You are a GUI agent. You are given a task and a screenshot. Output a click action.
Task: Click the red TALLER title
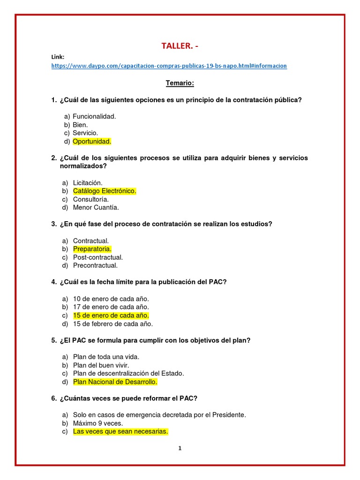[183, 45]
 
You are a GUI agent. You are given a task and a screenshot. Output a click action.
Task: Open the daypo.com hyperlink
[169, 66]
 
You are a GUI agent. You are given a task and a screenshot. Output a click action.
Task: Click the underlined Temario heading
[180, 83]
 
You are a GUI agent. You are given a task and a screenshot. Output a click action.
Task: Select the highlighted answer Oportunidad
[92, 141]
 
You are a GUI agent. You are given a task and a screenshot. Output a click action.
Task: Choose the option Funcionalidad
[94, 116]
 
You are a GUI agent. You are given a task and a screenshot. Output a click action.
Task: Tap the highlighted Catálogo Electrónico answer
[105, 191]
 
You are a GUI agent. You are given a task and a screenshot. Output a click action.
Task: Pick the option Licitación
[88, 182]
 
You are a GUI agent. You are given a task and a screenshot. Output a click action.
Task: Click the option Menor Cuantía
[96, 207]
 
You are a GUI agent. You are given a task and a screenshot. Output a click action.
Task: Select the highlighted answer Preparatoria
[92, 249]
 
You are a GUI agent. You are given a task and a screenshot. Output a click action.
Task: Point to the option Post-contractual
[98, 257]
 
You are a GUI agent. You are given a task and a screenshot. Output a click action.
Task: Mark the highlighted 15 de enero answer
[111, 315]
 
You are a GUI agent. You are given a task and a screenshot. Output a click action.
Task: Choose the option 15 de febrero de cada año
[113, 324]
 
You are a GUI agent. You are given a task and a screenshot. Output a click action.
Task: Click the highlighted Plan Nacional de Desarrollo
[115, 382]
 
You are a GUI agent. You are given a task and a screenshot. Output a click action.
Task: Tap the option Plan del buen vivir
[101, 365]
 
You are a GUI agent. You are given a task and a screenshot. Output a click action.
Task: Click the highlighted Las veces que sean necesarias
[120, 431]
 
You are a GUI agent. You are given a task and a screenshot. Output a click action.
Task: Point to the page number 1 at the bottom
[180, 448]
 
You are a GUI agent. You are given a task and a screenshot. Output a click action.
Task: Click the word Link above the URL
[58, 57]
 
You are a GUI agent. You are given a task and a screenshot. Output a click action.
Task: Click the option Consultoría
[91, 199]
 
